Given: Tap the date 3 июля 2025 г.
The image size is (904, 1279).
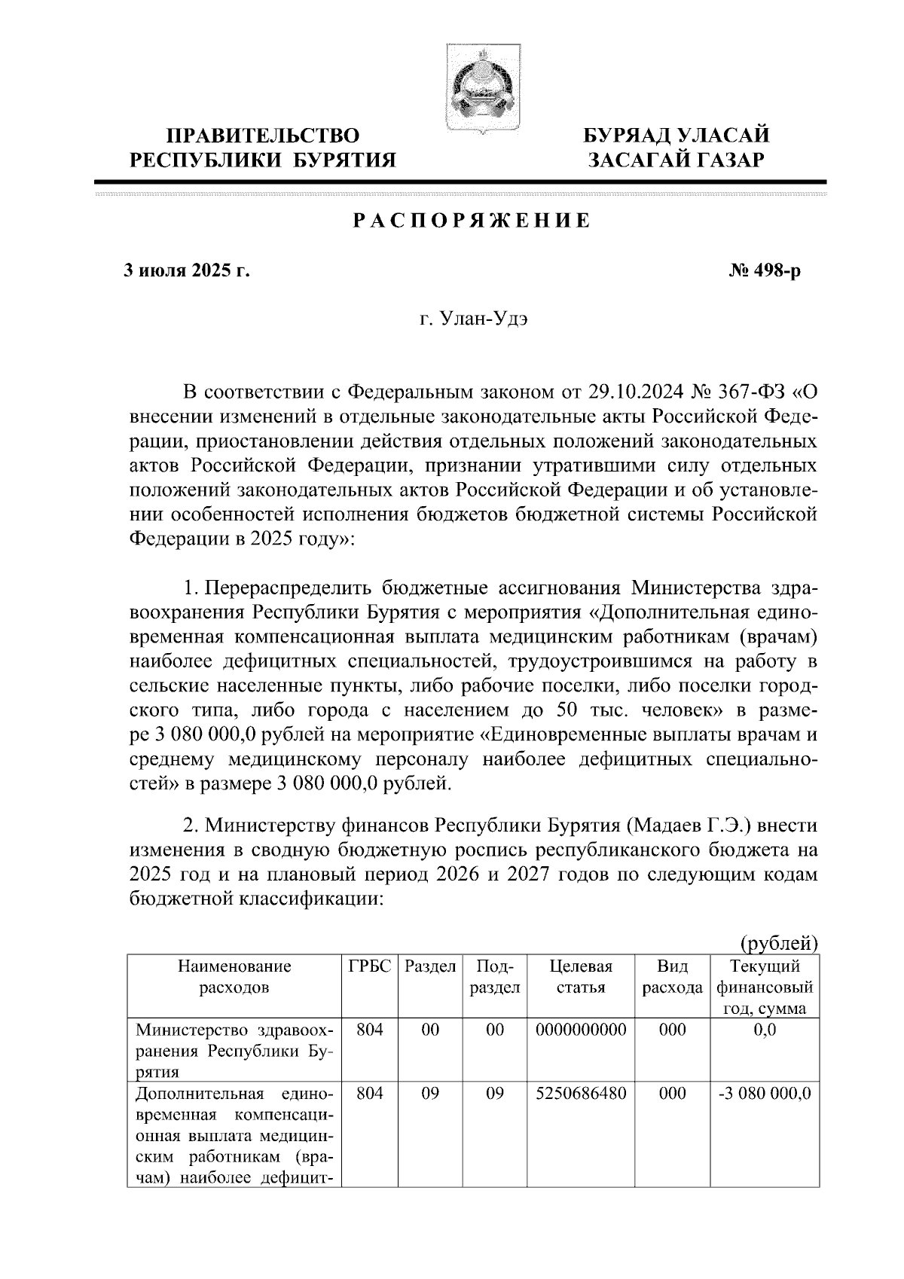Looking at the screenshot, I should [186, 270].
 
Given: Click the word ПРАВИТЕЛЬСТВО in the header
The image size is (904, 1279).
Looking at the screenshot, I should [262, 136].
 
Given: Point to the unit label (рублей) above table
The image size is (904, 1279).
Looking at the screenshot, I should [780, 942].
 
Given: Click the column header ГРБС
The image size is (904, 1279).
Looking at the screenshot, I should [370, 966].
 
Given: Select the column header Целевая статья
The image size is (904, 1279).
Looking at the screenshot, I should [581, 977].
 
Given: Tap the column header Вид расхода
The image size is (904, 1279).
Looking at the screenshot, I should [672, 977].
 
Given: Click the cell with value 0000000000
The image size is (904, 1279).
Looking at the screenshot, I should [581, 1030].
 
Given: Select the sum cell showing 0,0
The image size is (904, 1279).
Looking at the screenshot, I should [765, 1030].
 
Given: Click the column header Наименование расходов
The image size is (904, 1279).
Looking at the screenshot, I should [234, 977].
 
